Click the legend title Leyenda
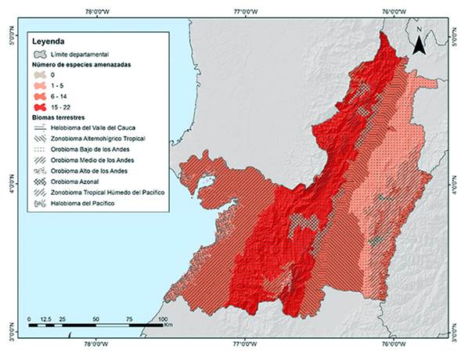[x=48, y=39]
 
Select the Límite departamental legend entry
[x=83, y=53]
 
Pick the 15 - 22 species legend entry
[x=63, y=104]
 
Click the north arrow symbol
[x=419, y=44]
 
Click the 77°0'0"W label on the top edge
[x=245, y=10]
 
